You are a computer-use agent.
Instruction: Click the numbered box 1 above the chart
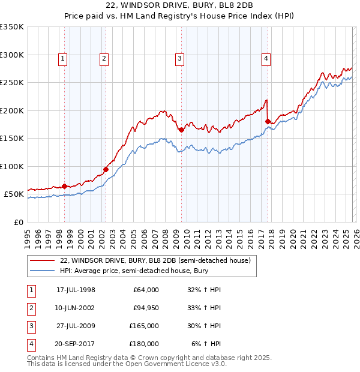(63, 58)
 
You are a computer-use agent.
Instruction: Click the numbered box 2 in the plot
(104, 58)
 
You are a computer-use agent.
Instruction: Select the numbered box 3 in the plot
(179, 58)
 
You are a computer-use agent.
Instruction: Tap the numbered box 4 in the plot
(266, 58)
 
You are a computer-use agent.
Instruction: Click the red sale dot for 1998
(65, 186)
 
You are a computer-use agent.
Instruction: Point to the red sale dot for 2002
(106, 169)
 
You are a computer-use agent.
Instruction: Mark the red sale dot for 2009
(181, 130)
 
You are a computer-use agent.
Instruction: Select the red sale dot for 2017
(268, 121)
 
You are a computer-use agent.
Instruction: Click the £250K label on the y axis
(12, 83)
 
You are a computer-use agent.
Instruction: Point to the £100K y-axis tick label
(12, 166)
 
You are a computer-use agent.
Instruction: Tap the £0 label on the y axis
(18, 222)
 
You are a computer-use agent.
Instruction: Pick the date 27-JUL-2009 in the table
(75, 326)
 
